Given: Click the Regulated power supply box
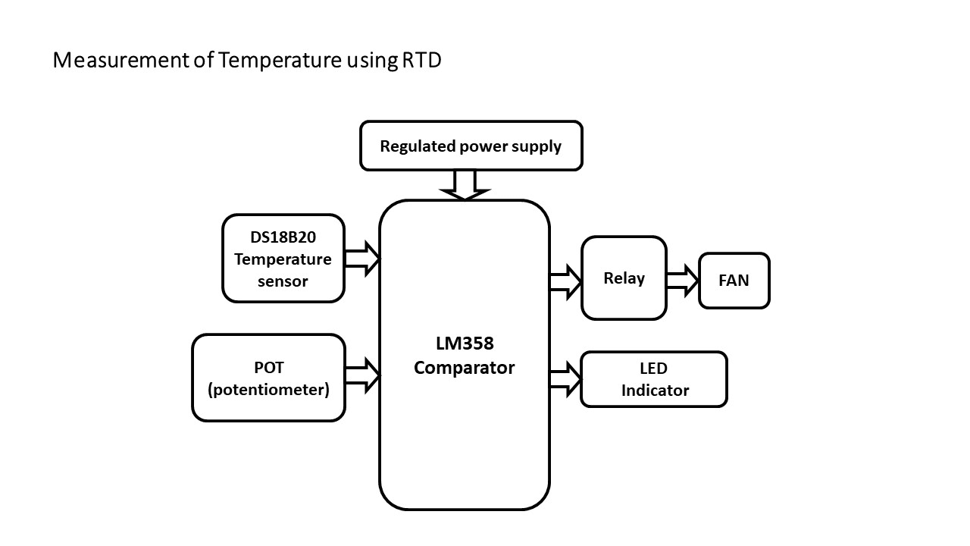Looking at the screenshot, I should tap(471, 146).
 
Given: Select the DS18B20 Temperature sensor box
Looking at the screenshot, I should tap(283, 258).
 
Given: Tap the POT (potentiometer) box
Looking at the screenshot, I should tap(268, 378).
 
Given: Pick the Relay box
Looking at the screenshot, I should tap(624, 278).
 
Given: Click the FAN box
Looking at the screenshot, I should tap(734, 281).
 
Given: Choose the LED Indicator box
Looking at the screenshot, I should tap(653, 379).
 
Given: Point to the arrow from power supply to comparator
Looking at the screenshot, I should tap(464, 185).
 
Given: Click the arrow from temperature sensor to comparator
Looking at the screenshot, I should tap(362, 258).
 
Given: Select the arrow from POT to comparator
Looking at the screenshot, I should tap(362, 375).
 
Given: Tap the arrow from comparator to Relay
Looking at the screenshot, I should tap(565, 281).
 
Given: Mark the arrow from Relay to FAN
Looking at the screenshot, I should tap(682, 281).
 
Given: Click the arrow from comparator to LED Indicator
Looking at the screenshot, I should tap(565, 379).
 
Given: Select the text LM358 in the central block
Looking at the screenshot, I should tap(465, 344).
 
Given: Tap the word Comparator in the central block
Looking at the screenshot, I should tap(464, 369).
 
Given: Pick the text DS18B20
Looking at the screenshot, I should tap(283, 237).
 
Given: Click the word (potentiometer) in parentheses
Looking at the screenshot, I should tap(268, 391).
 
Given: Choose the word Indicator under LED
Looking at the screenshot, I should tap(655, 391).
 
